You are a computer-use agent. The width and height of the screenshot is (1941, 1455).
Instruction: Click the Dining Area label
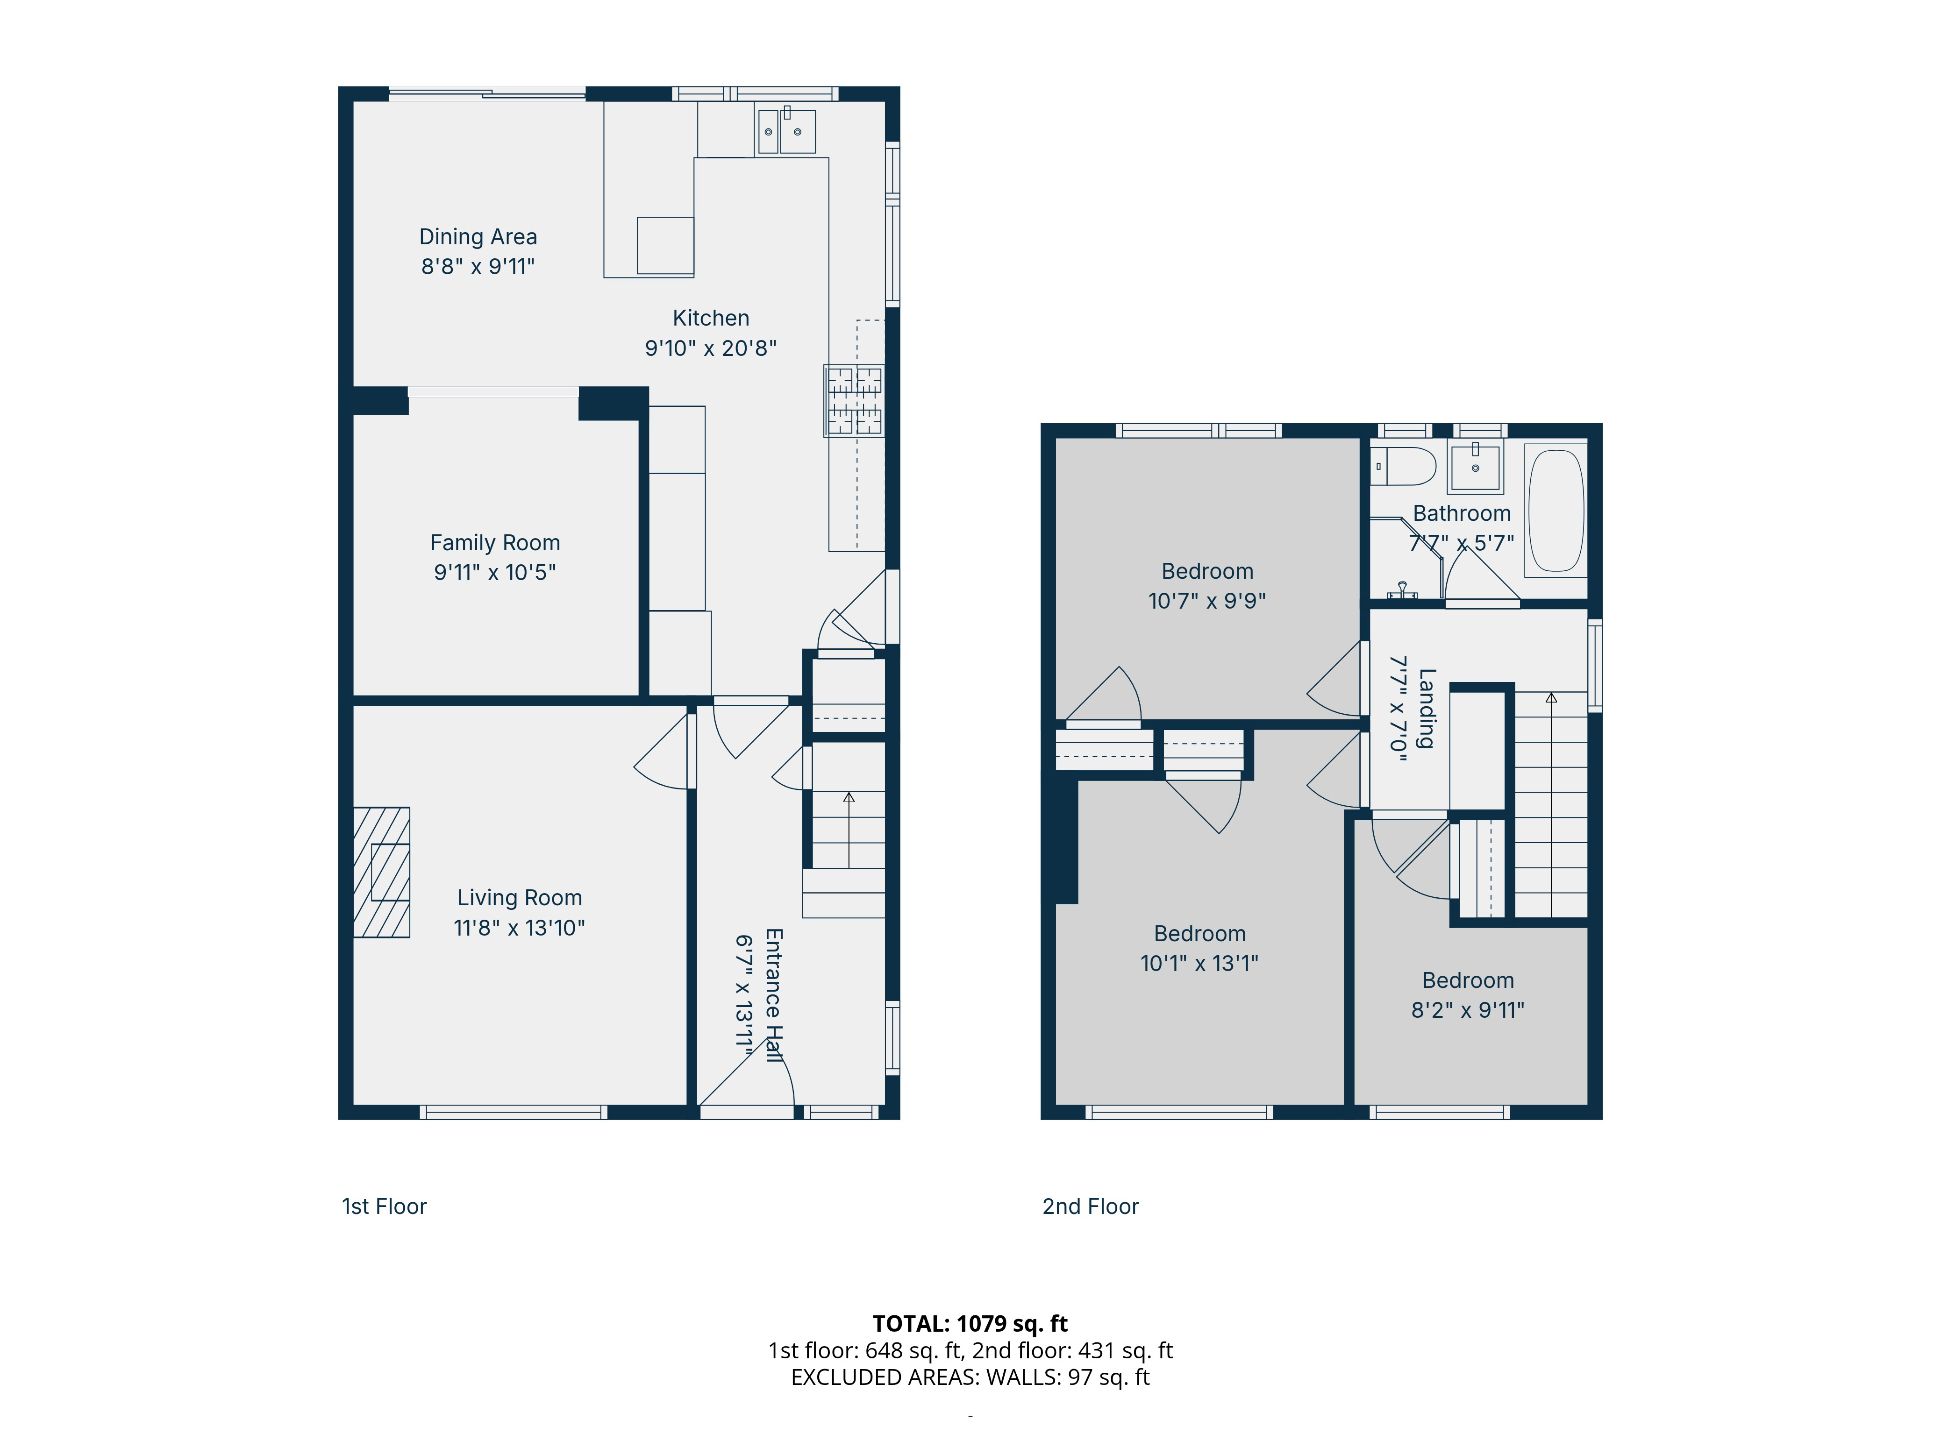coord(478,237)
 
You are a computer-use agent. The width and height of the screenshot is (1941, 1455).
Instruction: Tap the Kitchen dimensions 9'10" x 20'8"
coord(711,348)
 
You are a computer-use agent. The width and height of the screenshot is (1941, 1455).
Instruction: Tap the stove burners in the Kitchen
coord(854,401)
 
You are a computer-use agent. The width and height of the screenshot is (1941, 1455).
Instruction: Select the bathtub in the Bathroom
coord(1556,511)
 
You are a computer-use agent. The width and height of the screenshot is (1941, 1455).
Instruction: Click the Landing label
coord(1427,709)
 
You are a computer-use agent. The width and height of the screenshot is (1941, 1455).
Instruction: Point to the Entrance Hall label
coord(773,995)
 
